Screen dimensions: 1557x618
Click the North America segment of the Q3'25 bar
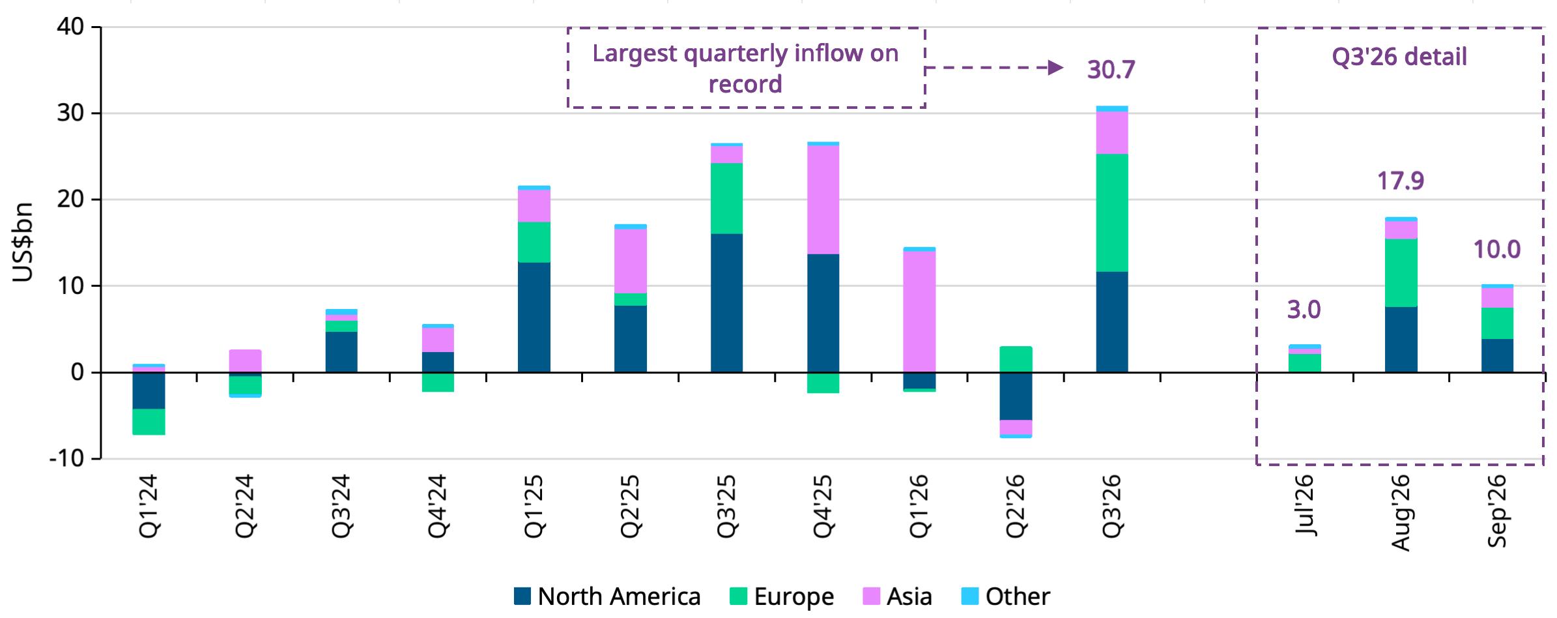pyautogui.click(x=726, y=303)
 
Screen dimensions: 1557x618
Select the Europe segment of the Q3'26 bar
pyautogui.click(x=1112, y=213)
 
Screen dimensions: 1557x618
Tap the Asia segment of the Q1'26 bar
pyautogui.click(x=919, y=312)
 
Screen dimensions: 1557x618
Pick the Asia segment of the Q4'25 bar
pyautogui.click(x=823, y=199)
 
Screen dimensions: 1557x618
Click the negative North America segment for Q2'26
pyautogui.click(x=1016, y=396)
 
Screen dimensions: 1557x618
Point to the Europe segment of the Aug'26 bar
pyautogui.click(x=1401, y=273)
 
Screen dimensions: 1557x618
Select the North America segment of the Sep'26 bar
pyautogui.click(x=1497, y=356)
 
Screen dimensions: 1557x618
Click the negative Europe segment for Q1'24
pyautogui.click(x=149, y=422)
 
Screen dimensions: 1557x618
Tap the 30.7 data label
pyautogui.click(x=1111, y=69)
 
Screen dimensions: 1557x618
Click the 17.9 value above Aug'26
pyautogui.click(x=1401, y=181)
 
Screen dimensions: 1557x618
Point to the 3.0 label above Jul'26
pyautogui.click(x=1304, y=310)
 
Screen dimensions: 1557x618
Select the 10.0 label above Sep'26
pyautogui.click(x=1497, y=249)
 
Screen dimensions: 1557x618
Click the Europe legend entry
pyautogui.click(x=782, y=596)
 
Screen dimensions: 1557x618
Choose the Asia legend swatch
pyautogui.click(x=872, y=596)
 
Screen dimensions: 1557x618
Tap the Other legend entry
pyautogui.click(x=1006, y=596)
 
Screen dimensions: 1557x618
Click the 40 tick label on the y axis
pyautogui.click(x=70, y=27)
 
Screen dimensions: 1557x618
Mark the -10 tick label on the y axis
pyautogui.click(x=66, y=459)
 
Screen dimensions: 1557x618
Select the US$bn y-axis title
pyautogui.click(x=23, y=242)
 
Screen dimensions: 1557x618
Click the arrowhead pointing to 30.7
pyautogui.click(x=1055, y=68)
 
